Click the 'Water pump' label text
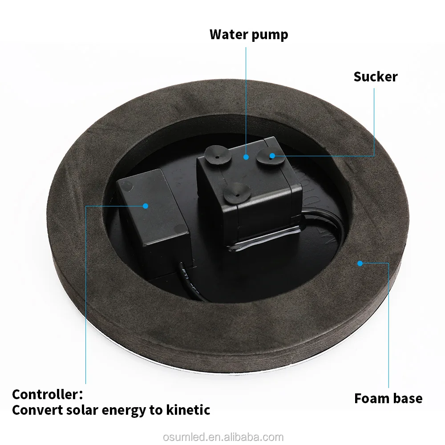coord(249,35)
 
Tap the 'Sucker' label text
coord(376,77)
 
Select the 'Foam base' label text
coord(388,398)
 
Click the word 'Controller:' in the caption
coord(48,394)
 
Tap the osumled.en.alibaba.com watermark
coord(223,437)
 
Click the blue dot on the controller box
coord(146,206)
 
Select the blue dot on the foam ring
coord(360,263)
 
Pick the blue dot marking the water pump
coord(246,157)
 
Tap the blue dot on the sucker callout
coord(272,156)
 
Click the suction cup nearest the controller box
coord(218,155)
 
